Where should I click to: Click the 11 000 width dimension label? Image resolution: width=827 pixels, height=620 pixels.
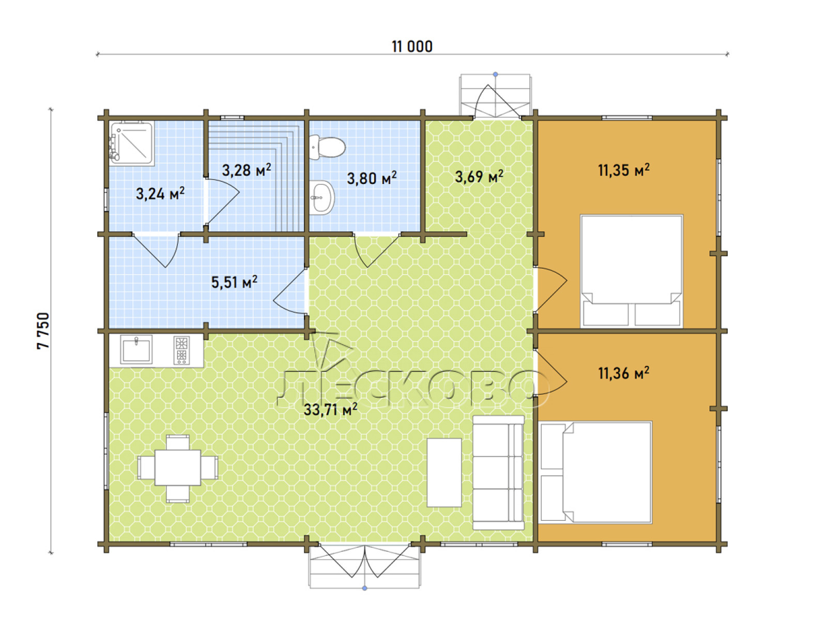412,47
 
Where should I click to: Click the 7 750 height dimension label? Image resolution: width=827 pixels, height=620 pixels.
43,331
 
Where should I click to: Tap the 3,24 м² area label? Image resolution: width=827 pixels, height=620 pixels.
160,193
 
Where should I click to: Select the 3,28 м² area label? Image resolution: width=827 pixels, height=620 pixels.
247,170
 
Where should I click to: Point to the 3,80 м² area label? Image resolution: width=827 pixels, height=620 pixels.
372,178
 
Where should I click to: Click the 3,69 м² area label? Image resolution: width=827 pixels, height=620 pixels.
479,176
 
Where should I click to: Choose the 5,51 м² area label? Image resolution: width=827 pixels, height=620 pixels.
234,282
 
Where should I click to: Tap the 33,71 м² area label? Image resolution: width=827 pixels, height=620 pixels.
330,410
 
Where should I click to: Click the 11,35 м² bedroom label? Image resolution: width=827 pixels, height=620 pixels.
623,170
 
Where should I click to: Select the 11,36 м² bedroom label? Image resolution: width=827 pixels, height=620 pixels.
623,373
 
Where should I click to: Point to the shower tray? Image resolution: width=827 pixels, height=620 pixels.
131,143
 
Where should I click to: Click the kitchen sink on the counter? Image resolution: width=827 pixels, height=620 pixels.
136,349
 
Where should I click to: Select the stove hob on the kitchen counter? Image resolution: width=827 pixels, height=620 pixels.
181,350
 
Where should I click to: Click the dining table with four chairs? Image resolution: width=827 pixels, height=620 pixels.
178,468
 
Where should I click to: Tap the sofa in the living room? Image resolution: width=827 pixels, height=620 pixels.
498,473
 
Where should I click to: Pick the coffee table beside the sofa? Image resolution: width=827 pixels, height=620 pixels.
444,472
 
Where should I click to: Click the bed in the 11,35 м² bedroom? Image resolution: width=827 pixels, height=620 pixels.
632,271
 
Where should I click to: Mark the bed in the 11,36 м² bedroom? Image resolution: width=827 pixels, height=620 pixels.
595,472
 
